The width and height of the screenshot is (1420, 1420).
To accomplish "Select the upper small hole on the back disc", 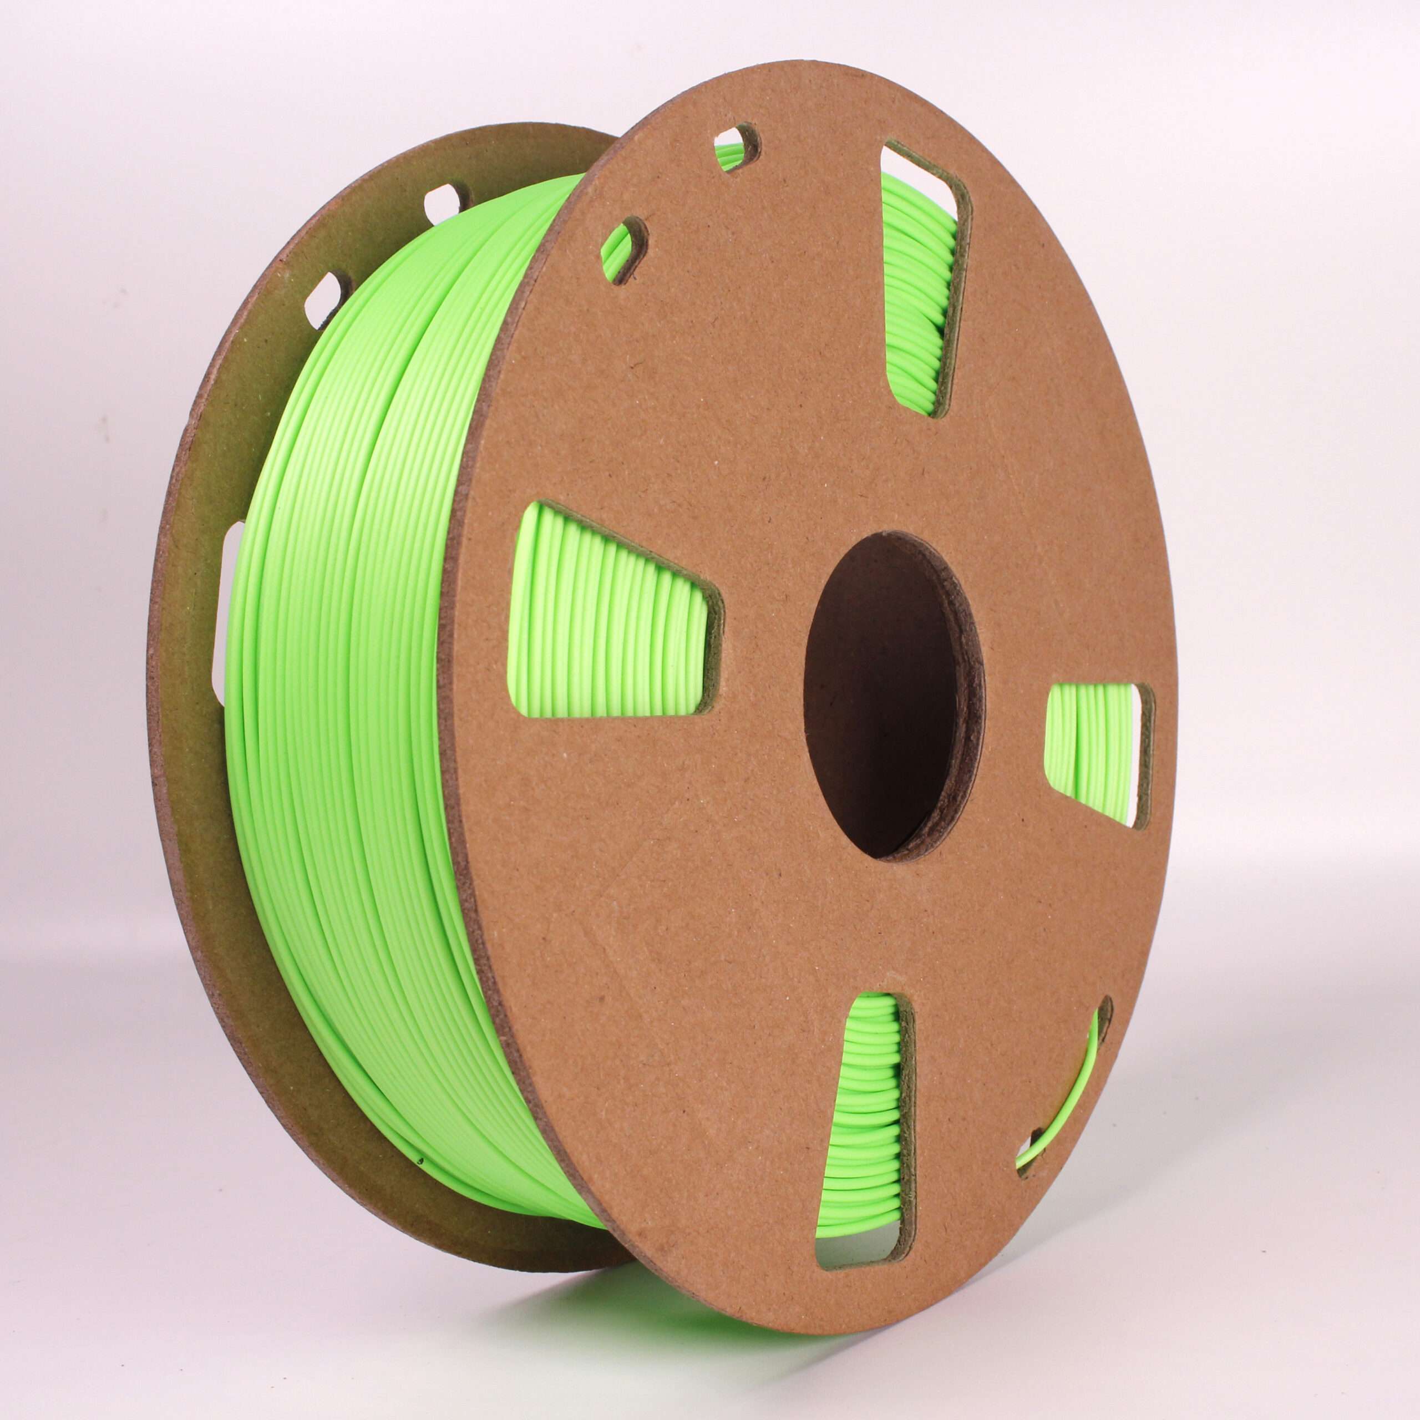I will click(448, 199).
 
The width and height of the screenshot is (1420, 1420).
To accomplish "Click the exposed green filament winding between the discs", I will click(353, 662).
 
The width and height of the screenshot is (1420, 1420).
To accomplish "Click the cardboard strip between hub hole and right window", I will click(1015, 735).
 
